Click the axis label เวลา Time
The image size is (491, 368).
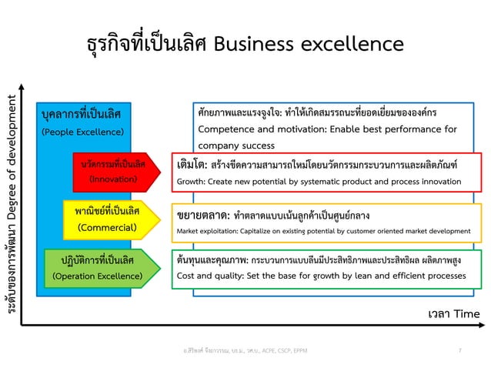pyautogui.click(x=453, y=313)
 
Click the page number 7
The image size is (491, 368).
pyautogui.click(x=459, y=351)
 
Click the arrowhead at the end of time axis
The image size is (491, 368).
pyautogui.click(x=483, y=327)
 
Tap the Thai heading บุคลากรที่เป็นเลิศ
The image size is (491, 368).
pyautogui.click(x=80, y=115)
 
